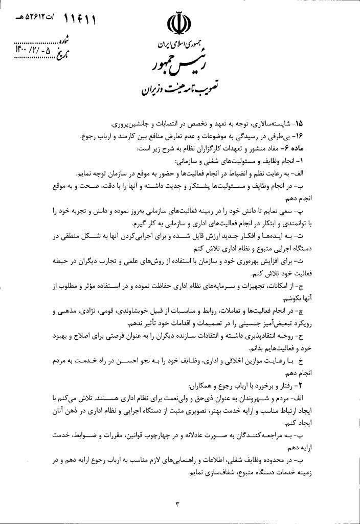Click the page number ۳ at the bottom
[178, 505]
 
